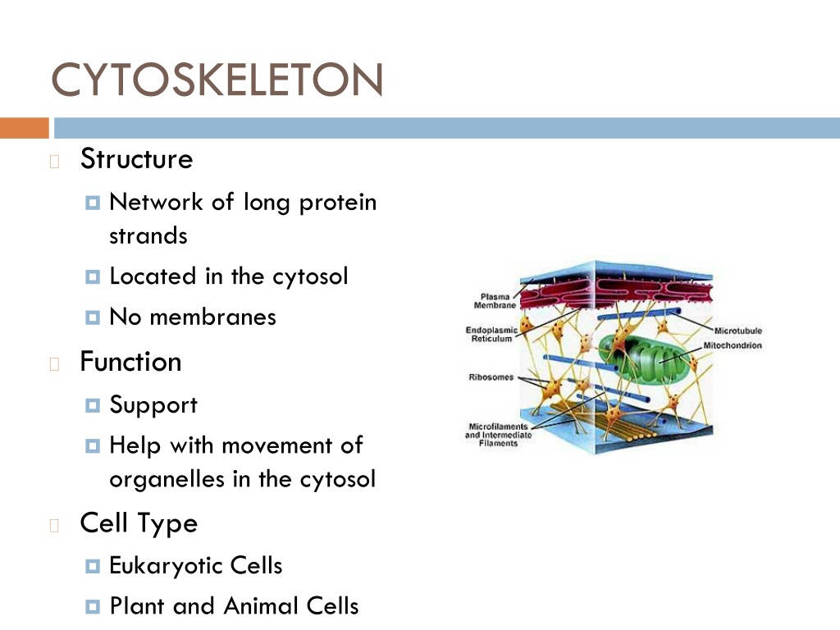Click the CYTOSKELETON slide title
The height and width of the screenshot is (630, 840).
pyautogui.click(x=217, y=80)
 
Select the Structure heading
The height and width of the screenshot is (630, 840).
pyautogui.click(x=137, y=158)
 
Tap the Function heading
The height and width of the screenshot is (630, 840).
pyautogui.click(x=130, y=362)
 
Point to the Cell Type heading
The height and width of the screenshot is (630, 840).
pyautogui.click(x=139, y=523)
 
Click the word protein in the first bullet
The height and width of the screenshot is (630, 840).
pyautogui.click(x=338, y=203)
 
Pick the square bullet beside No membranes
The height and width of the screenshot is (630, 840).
pyautogui.click(x=93, y=317)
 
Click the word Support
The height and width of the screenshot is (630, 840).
pyautogui.click(x=153, y=405)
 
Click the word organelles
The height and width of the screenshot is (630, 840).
pyautogui.click(x=167, y=479)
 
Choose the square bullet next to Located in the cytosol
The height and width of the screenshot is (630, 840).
pyautogui.click(x=93, y=277)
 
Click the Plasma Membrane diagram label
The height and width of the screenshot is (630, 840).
pyautogui.click(x=495, y=301)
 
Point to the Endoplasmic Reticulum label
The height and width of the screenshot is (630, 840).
pyautogui.click(x=492, y=335)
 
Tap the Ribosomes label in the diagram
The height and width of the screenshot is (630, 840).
pyautogui.click(x=491, y=377)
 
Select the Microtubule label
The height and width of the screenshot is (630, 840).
pyautogui.click(x=737, y=331)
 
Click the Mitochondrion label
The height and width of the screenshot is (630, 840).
pyautogui.click(x=733, y=345)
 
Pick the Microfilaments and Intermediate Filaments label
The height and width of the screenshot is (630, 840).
pyautogui.click(x=498, y=435)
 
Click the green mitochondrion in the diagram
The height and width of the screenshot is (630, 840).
pyautogui.click(x=643, y=359)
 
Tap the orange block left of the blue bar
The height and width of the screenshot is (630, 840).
pyautogui.click(x=25, y=128)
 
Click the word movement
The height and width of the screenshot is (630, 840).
pyautogui.click(x=276, y=445)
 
